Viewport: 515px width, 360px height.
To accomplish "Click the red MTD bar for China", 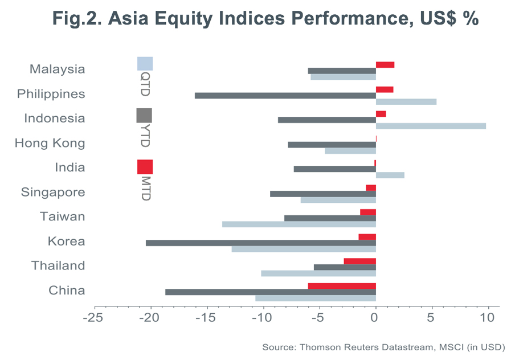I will pos(342,286).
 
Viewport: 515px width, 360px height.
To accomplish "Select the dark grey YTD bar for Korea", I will pos(260,243).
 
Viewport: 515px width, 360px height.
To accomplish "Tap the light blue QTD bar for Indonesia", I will pos(431,125).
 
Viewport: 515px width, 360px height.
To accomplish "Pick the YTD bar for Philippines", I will pos(285,95).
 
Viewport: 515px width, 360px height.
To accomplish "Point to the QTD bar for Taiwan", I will pos(299,224).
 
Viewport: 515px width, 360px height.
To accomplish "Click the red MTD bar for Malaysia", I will pos(385,64).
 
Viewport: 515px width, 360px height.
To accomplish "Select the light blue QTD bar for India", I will pos(390,175).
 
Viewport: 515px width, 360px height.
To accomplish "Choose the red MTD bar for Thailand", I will pos(359,261).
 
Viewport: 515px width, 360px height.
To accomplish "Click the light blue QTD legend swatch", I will pos(145,63).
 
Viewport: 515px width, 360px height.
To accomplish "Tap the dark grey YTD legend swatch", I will pos(145,116).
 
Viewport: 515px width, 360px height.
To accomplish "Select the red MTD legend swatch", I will pos(145,167).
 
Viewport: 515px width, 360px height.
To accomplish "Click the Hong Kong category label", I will pos(50,143).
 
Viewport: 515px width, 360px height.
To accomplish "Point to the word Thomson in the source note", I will pos(314,347).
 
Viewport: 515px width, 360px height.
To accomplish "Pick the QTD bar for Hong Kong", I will pos(350,151).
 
